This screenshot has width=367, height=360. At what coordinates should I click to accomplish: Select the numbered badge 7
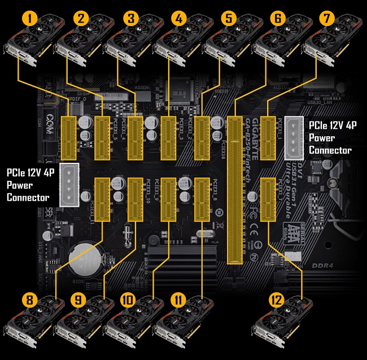[327, 19]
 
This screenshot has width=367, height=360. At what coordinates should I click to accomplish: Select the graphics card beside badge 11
[181, 331]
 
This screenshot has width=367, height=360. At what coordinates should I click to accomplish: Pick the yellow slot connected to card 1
[68, 138]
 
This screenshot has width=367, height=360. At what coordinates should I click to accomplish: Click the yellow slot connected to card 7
[268, 138]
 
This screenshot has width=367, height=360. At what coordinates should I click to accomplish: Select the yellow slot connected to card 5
[202, 138]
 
